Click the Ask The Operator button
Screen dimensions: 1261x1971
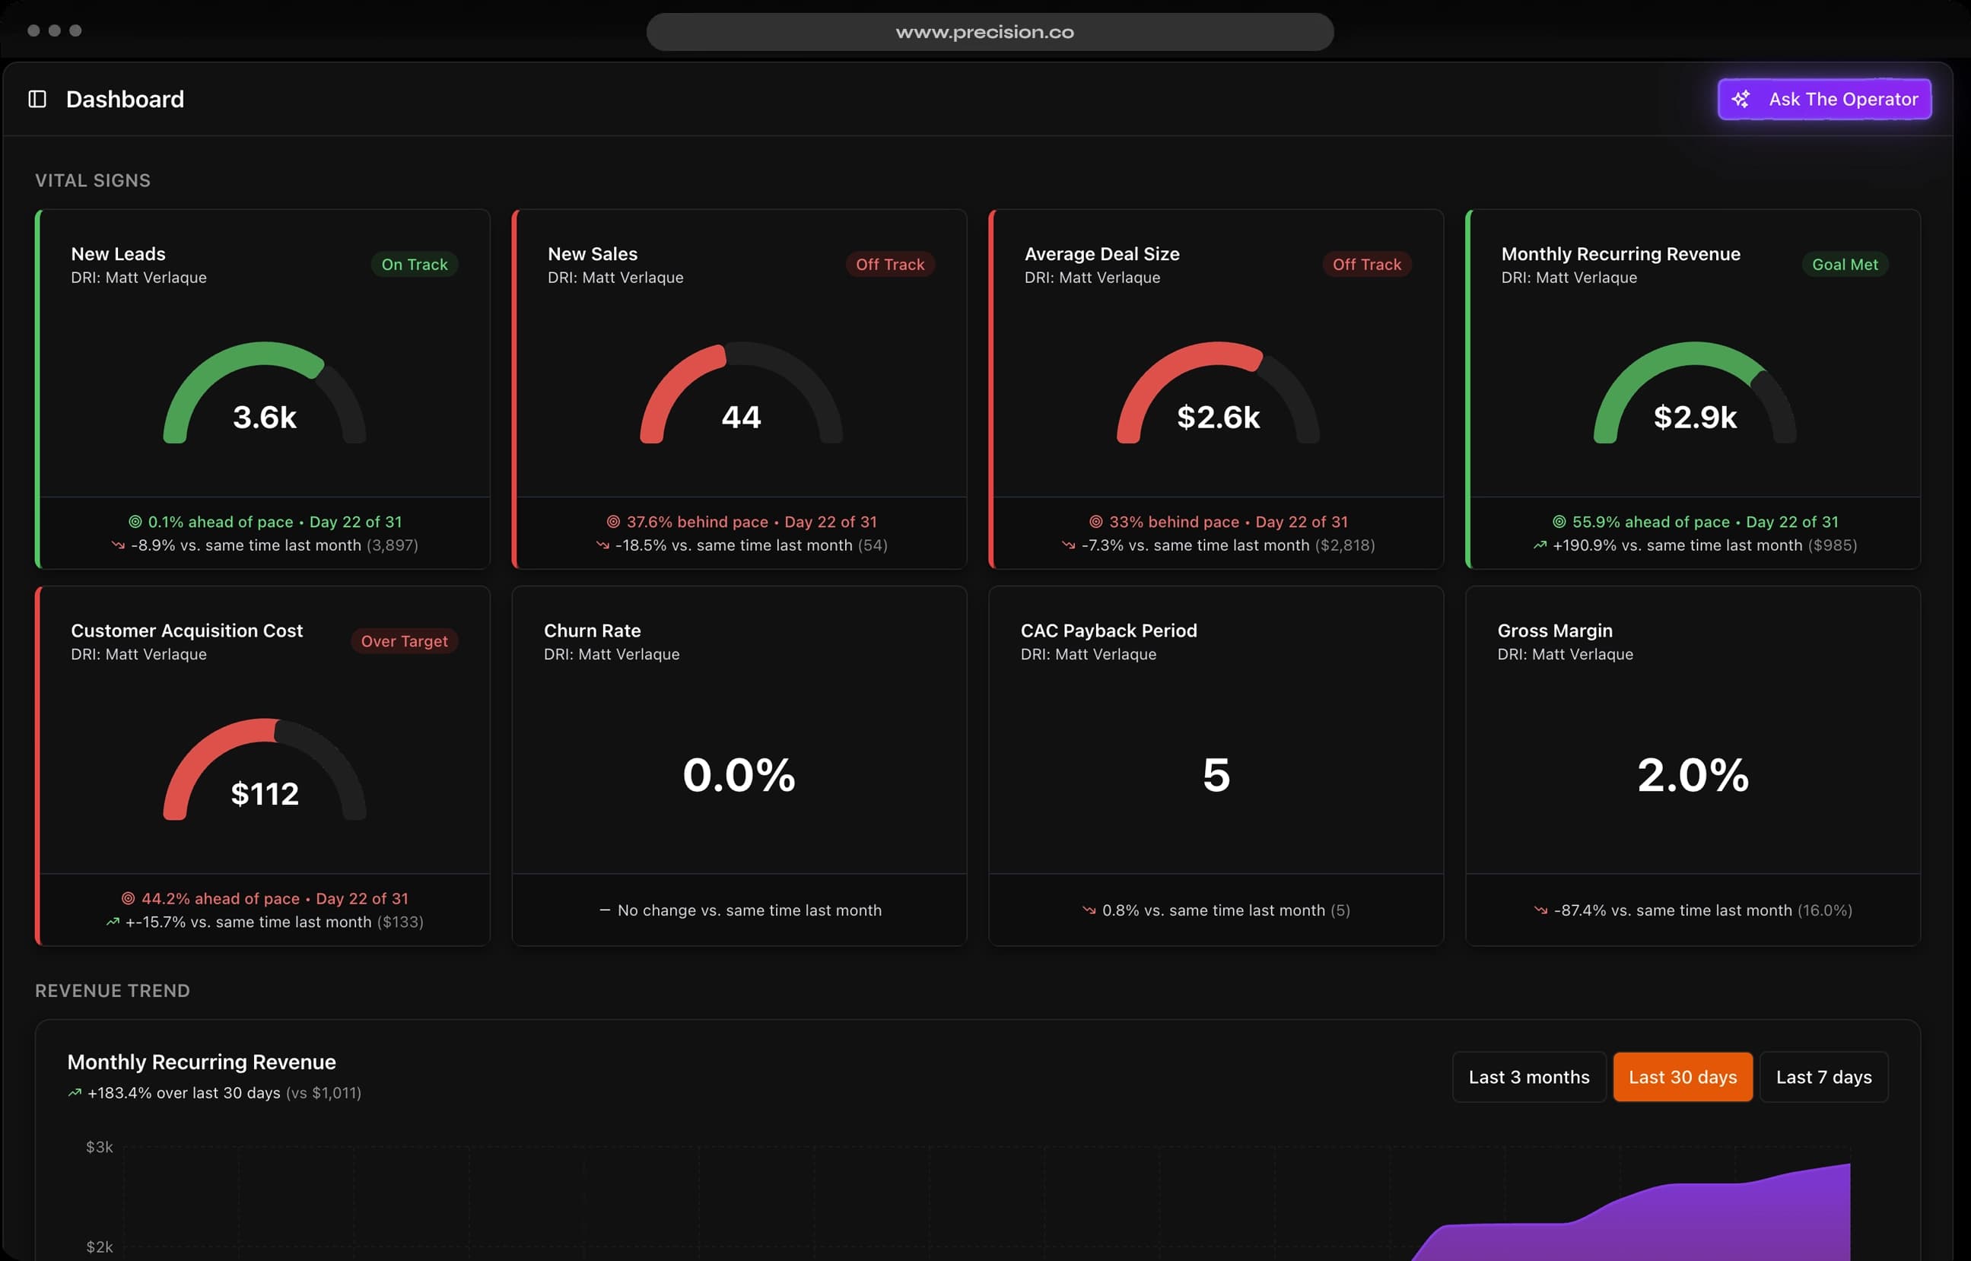click(1823, 99)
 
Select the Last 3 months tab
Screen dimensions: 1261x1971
click(1528, 1077)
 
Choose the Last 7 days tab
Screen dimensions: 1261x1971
click(1823, 1077)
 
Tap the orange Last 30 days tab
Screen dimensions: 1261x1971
click(1682, 1077)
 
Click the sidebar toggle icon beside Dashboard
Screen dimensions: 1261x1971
click(37, 99)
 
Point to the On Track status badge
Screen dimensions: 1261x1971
click(415, 265)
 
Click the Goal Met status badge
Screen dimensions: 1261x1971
click(1844, 265)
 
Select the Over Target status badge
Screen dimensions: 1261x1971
click(404, 641)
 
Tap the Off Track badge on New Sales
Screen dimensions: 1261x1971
click(889, 265)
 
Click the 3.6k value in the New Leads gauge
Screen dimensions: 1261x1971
click(265, 418)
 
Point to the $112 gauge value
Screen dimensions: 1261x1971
click(265, 794)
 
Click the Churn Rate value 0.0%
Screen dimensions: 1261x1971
click(739, 774)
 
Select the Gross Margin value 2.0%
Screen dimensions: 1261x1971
click(1693, 774)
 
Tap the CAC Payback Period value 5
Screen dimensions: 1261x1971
click(1216, 774)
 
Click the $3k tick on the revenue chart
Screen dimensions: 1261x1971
click(99, 1146)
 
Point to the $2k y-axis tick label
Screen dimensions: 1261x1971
click(99, 1247)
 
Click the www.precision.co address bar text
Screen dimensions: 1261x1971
click(984, 32)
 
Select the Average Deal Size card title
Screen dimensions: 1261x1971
click(1102, 254)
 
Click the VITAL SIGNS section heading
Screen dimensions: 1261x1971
click(93, 180)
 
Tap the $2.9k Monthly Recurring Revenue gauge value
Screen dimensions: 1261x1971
click(1694, 418)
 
